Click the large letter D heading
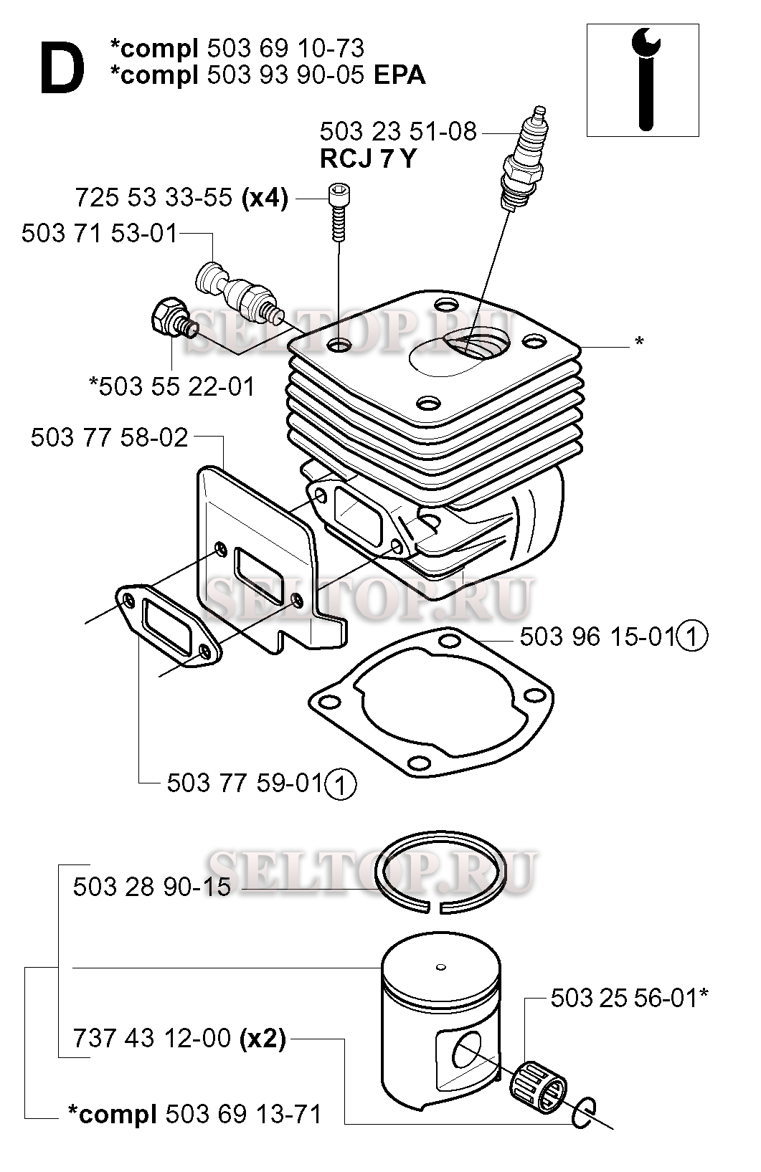click(x=62, y=69)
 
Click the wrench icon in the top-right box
click(x=646, y=80)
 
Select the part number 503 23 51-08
click(x=398, y=132)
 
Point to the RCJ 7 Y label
click(x=368, y=158)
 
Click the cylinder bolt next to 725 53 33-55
click(x=339, y=212)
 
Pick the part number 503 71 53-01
click(x=100, y=234)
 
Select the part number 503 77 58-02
click(x=109, y=438)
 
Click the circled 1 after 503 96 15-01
click(x=692, y=637)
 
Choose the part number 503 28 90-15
click(x=152, y=887)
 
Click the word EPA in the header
click(x=400, y=75)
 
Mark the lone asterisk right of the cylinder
click(x=639, y=342)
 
